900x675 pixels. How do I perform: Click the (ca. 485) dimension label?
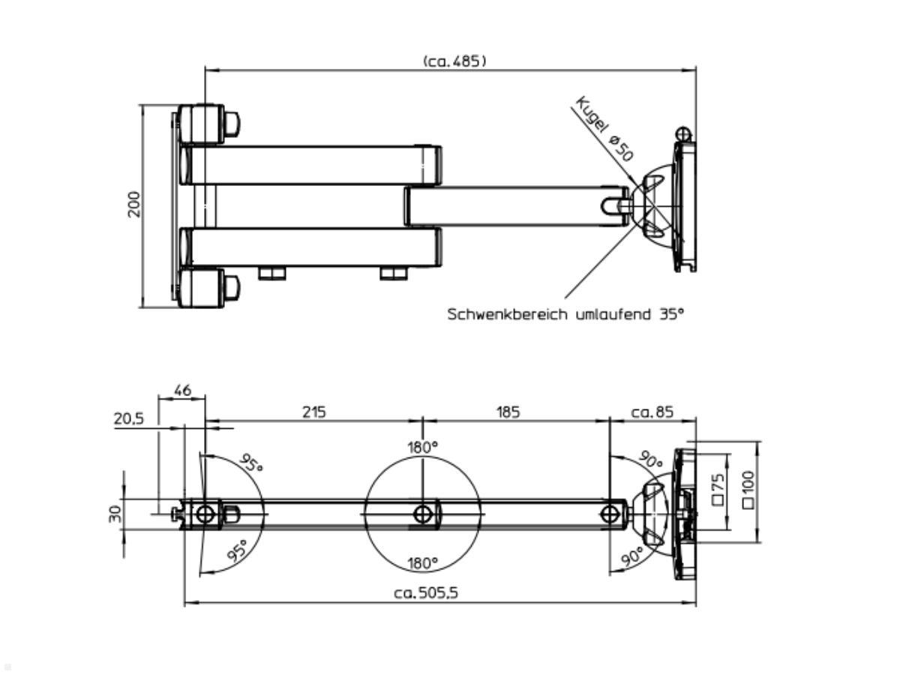pyautogui.click(x=454, y=61)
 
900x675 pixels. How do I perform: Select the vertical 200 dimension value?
pyautogui.click(x=134, y=205)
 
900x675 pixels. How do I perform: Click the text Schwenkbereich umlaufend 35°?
pyautogui.click(x=566, y=314)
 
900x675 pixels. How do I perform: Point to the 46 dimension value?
pyautogui.click(x=182, y=391)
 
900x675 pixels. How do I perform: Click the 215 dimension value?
pyautogui.click(x=313, y=412)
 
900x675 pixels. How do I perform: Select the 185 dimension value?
pyautogui.click(x=507, y=412)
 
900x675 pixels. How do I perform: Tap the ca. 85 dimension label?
pyautogui.click(x=652, y=412)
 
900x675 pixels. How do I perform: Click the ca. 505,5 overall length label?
pyautogui.click(x=426, y=593)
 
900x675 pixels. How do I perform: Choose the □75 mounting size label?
pyautogui.click(x=718, y=490)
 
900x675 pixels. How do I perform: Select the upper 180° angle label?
pyautogui.click(x=423, y=448)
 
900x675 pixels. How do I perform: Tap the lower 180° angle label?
pyautogui.click(x=423, y=563)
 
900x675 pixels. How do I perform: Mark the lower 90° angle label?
pyautogui.click(x=631, y=556)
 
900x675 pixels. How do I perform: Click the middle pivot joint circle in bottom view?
pyautogui.click(x=423, y=514)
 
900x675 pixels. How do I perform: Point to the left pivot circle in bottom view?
pyautogui.click(x=205, y=514)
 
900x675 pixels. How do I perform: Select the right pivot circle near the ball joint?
pyautogui.click(x=610, y=514)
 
